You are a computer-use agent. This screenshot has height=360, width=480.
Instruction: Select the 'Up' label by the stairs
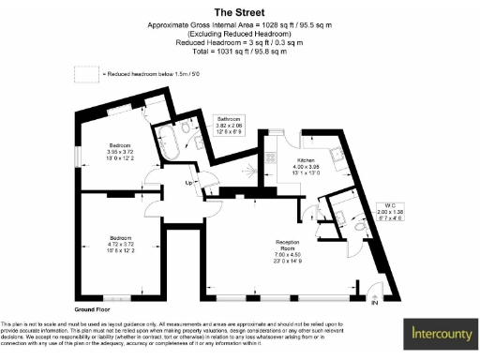(x=188, y=183)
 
